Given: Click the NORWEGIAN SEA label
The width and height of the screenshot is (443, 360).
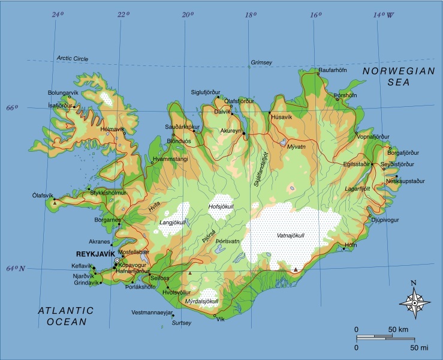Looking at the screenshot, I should pos(398,76).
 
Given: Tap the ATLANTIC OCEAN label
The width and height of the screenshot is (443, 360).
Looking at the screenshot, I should pos(66,316).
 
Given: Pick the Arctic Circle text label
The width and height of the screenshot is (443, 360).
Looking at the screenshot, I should pos(71,58).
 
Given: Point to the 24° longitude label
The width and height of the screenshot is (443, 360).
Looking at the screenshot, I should pos(58,14).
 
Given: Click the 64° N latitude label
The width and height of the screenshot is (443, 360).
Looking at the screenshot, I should pos(16,268).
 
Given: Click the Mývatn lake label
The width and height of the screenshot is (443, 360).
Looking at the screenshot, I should pos(296,146).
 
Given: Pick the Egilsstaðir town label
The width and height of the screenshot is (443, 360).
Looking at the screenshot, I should pos(355,163).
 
